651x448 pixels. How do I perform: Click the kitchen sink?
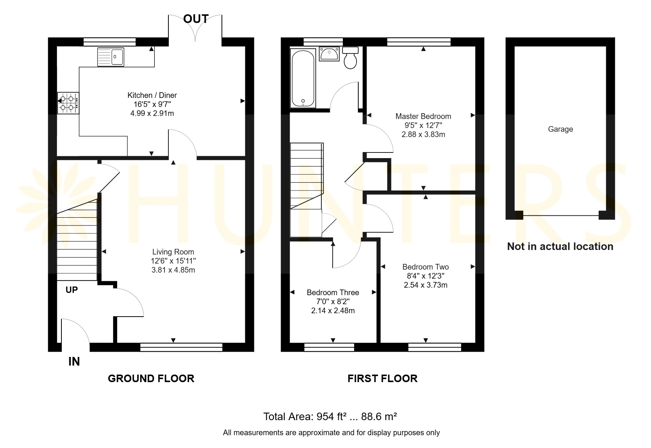pyautogui.click(x=111, y=57)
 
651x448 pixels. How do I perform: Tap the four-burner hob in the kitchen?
pyautogui.click(x=68, y=103)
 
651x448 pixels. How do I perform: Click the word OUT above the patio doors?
pyautogui.click(x=196, y=19)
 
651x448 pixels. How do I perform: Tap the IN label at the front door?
pyautogui.click(x=74, y=361)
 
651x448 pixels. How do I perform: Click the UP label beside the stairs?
pyautogui.click(x=72, y=290)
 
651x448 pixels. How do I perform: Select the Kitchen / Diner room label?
pyautogui.click(x=152, y=95)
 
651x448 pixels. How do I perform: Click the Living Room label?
pyautogui.click(x=173, y=252)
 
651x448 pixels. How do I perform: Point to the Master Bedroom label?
pyautogui.click(x=423, y=116)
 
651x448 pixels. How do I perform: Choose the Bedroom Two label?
pyautogui.click(x=426, y=267)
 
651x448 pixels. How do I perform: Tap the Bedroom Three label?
pyautogui.click(x=333, y=293)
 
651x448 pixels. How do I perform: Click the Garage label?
pyautogui.click(x=561, y=129)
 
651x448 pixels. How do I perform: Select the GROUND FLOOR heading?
pyautogui.click(x=151, y=378)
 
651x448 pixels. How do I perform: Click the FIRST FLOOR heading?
pyautogui.click(x=382, y=378)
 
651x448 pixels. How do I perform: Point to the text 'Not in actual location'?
pyautogui.click(x=560, y=247)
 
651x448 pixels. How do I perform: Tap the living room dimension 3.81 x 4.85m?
pyautogui.click(x=173, y=270)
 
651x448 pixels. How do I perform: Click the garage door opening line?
pyautogui.click(x=561, y=216)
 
